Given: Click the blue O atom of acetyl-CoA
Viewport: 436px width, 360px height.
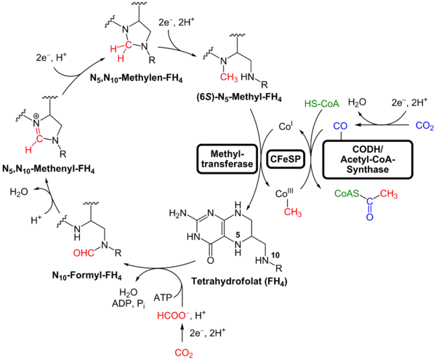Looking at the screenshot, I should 371,215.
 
